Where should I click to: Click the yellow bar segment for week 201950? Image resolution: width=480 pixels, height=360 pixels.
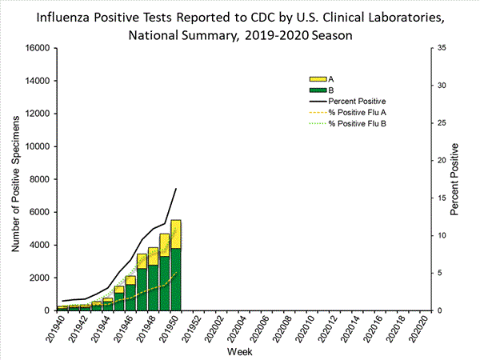176,234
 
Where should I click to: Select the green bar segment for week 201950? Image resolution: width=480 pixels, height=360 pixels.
176,279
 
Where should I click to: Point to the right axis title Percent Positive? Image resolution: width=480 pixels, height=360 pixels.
454,179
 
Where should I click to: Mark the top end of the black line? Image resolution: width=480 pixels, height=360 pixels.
176,189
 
